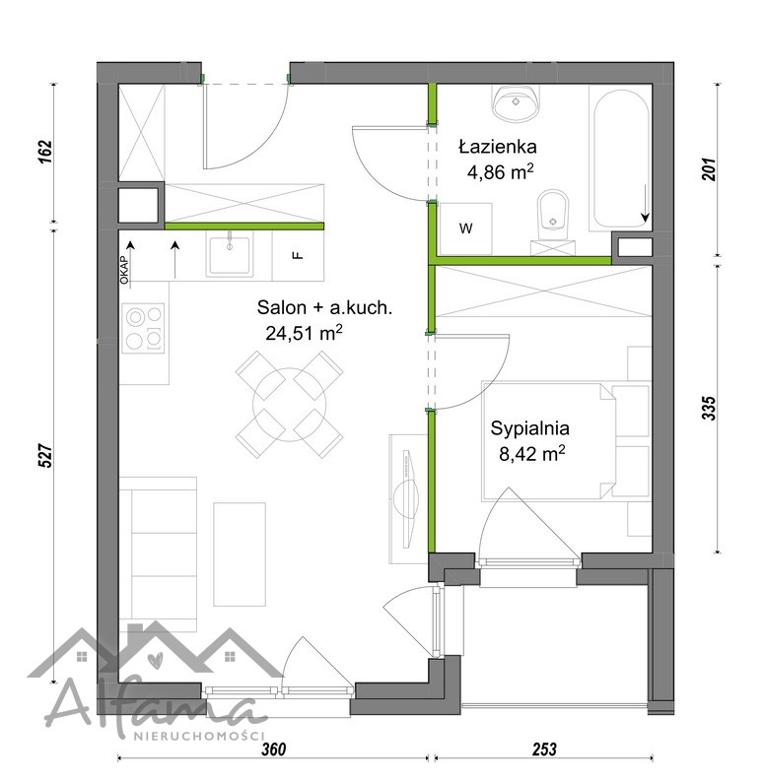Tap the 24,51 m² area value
tap(304, 333)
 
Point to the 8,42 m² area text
tap(532, 454)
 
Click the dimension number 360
tap(274, 749)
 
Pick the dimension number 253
tap(544, 749)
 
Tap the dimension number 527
tap(44, 455)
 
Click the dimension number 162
tap(44, 153)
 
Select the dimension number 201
tap(709, 169)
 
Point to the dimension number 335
tap(709, 408)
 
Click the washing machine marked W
tap(465, 228)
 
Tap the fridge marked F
tap(299, 256)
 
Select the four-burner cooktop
tap(144, 328)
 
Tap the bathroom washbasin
tap(516, 102)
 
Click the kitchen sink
tap(230, 256)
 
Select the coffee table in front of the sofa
tap(240, 554)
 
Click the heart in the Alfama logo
tap(156, 660)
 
